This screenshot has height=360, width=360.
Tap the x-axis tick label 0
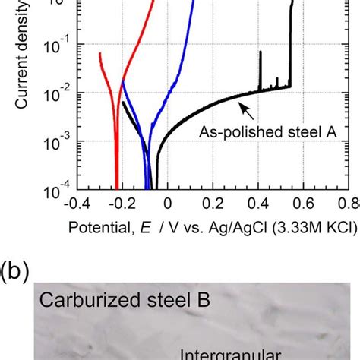[168, 204]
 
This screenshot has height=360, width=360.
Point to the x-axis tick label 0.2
[215, 204]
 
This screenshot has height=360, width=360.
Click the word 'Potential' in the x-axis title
[99, 226]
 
